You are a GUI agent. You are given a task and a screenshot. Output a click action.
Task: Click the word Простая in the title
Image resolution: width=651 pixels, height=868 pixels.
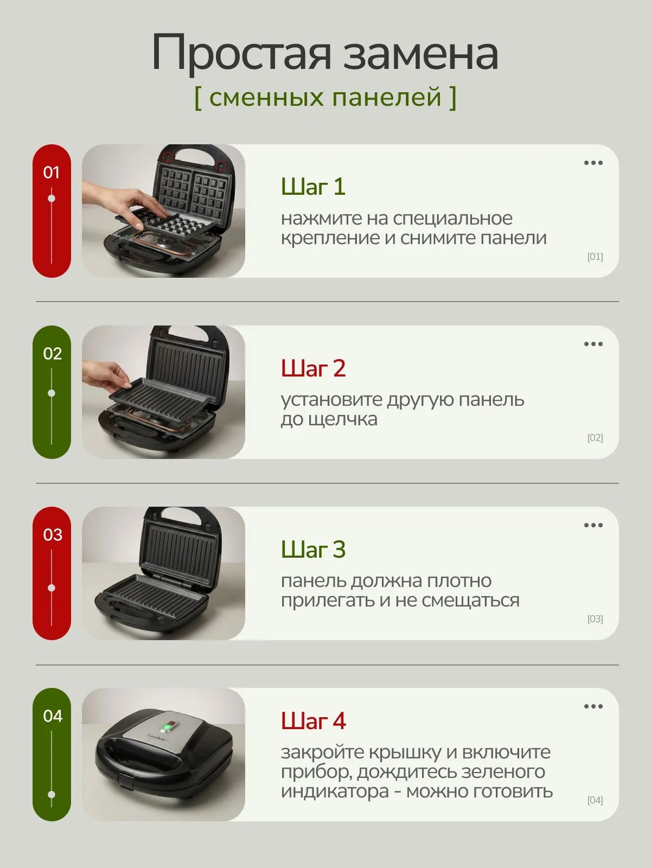coord(241,53)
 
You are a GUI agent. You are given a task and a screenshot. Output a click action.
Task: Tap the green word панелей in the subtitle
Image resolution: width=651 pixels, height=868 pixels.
coord(386,97)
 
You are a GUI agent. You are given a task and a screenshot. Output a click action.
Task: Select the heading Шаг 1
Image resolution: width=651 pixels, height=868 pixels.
coord(313,187)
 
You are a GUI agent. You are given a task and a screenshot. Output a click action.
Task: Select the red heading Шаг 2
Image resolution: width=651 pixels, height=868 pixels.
coord(313,368)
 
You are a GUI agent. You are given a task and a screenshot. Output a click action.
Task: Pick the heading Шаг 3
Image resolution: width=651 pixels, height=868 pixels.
coord(313,549)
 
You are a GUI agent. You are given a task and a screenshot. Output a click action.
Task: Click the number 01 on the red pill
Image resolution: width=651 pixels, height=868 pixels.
coord(52,173)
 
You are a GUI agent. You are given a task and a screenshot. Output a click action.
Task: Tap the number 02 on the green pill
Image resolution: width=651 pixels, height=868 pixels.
coord(53,354)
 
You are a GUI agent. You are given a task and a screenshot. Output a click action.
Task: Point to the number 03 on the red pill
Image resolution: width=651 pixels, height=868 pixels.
coord(53,535)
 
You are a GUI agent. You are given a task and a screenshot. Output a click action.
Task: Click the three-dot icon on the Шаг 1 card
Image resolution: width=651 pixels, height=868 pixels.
coord(593,163)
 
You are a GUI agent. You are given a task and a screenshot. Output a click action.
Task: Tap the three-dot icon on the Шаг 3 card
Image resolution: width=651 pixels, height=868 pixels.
coord(593,525)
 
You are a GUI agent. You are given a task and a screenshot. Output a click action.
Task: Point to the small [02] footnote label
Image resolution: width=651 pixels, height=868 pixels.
coord(595,438)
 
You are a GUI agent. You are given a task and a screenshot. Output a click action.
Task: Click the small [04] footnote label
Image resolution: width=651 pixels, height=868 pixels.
coord(595,800)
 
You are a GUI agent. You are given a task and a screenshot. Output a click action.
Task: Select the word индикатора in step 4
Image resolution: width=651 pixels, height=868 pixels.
coord(335,792)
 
